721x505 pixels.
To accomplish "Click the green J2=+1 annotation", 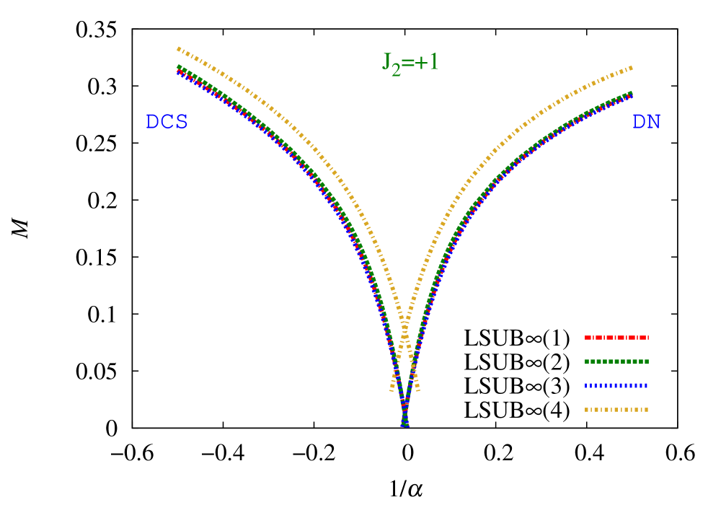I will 410,63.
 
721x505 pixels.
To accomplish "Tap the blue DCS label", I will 167,122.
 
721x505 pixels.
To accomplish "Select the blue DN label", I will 646,122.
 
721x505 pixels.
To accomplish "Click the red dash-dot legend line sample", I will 616,338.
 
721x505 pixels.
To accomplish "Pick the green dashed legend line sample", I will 616,361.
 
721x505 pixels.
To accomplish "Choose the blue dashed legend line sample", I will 616,385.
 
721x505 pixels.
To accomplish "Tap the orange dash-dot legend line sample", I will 616,410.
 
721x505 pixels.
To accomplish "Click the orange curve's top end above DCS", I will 178,48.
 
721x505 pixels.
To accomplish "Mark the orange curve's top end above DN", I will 632,68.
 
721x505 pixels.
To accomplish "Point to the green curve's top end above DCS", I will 179,66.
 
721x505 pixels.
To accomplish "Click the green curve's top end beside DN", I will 632,93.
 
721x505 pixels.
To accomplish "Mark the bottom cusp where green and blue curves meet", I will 405,424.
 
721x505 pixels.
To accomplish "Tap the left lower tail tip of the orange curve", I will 392,390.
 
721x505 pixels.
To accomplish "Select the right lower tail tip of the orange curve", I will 418,390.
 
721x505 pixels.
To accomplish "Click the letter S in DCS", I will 181,122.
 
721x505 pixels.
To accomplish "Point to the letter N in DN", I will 653,122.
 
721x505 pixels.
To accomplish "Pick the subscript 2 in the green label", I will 396,70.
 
